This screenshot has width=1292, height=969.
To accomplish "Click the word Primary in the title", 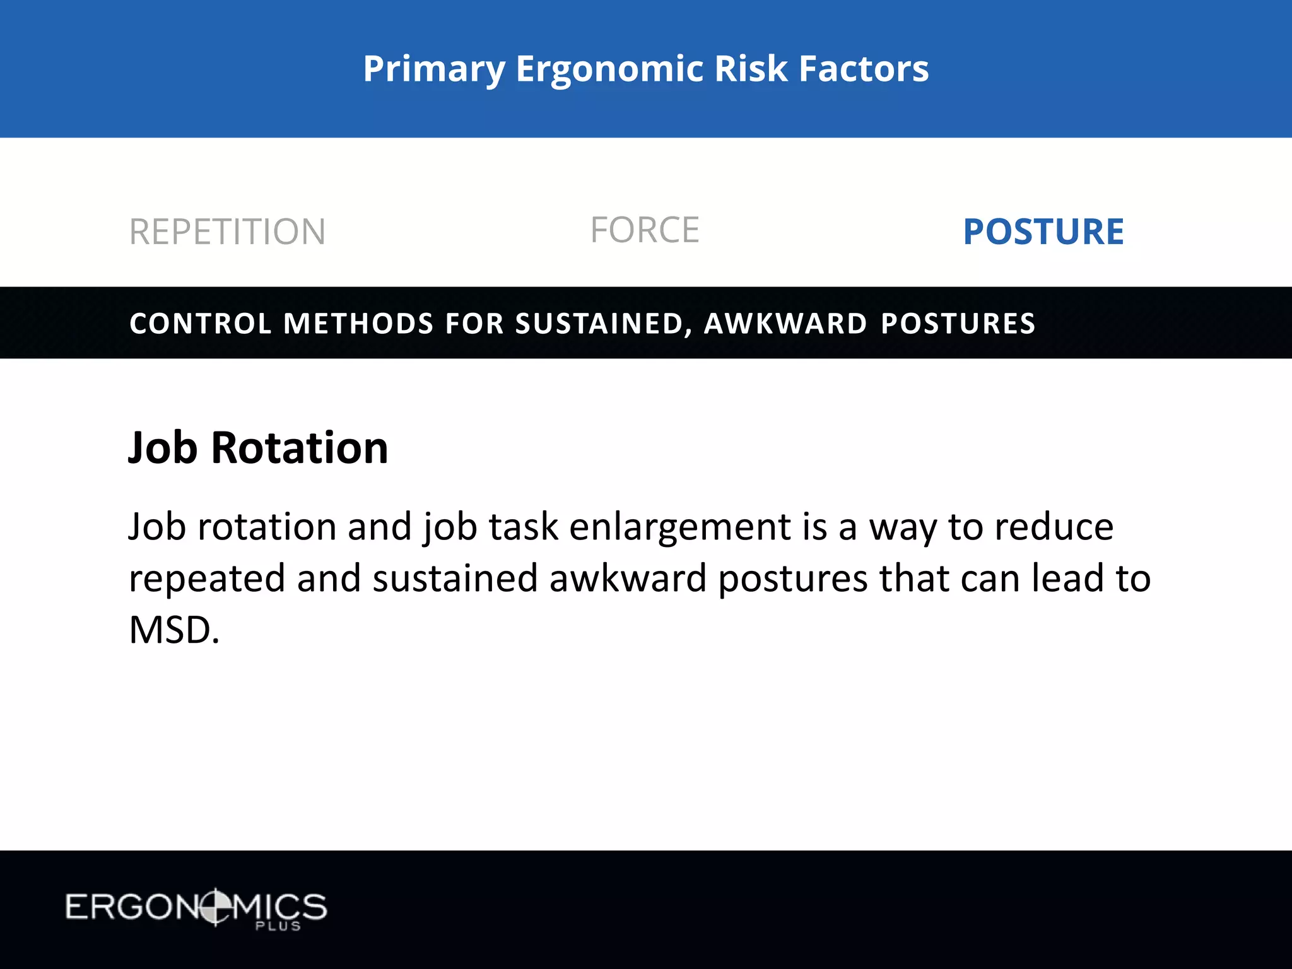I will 434,69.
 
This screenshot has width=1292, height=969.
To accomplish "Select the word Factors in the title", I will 864,69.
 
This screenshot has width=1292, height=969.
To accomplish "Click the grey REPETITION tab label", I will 227,232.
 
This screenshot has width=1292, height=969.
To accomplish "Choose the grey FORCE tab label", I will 645,230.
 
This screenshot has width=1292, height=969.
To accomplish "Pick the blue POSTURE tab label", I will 1043,232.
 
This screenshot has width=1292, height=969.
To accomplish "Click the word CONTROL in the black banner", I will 200,324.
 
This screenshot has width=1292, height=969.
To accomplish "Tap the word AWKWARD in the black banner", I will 785,324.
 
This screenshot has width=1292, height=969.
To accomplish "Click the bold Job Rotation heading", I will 258,447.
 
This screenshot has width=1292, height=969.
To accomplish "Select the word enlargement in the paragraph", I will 679,527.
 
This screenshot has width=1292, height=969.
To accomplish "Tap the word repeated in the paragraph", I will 207,579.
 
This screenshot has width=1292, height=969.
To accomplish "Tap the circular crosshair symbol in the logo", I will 215,907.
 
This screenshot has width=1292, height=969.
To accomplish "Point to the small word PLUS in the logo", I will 278,926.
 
